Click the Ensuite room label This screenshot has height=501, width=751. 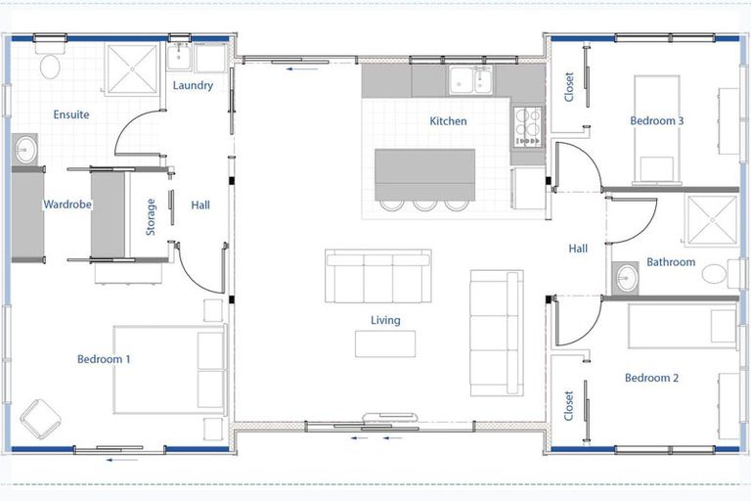click(70, 114)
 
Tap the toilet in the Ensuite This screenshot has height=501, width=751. click(49, 66)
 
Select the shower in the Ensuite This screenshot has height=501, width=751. click(132, 69)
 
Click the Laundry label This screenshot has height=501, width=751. click(193, 85)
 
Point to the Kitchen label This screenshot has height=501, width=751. click(448, 121)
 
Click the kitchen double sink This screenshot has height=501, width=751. click(470, 80)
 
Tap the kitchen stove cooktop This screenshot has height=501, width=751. click(528, 126)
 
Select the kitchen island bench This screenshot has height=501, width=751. click(424, 172)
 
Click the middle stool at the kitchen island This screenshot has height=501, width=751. click(424, 204)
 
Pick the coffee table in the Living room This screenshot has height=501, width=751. click(384, 343)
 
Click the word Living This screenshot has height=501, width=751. click(385, 320)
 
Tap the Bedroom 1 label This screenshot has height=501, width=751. click(104, 359)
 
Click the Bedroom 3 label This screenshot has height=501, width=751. click(656, 120)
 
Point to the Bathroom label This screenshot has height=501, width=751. click(671, 262)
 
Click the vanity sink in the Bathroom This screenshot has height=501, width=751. click(626, 278)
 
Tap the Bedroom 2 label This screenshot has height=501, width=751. click(651, 378)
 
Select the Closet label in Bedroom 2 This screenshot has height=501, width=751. click(569, 407)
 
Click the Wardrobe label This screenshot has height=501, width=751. click(66, 205)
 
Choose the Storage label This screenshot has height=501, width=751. click(151, 216)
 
